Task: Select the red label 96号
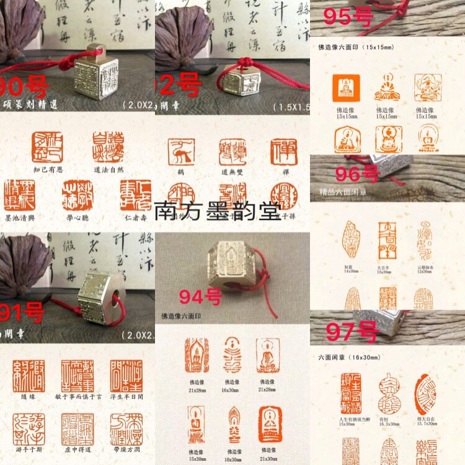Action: click(x=356, y=174)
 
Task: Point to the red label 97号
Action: click(x=352, y=332)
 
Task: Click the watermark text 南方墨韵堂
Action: click(x=217, y=211)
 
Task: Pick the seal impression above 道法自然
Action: click(x=108, y=146)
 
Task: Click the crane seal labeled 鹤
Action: click(x=183, y=151)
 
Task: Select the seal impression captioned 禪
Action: click(x=283, y=151)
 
